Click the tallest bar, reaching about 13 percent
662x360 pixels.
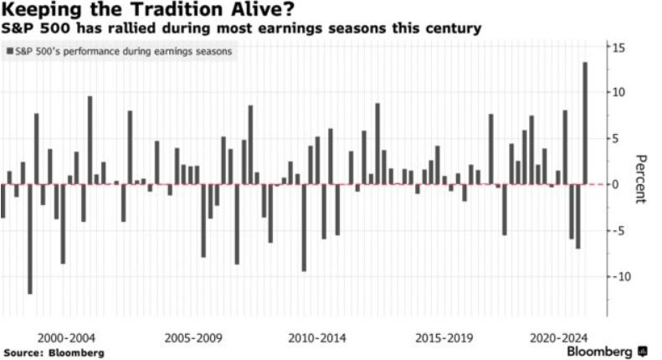tap(585, 123)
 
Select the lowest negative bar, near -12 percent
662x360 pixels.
tap(30, 239)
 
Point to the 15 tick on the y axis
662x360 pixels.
tap(618, 48)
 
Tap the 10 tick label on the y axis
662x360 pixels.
tap(618, 92)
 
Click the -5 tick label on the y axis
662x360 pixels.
tap(620, 231)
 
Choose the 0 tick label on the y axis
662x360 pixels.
tap(616, 185)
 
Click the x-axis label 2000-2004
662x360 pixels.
tap(66, 338)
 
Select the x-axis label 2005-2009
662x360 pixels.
tap(193, 338)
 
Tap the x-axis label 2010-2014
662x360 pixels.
tap(317, 338)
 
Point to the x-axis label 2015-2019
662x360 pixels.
tap(444, 338)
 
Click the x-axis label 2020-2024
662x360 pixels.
tap(558, 338)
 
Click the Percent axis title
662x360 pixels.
tap(640, 179)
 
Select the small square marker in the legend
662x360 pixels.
tap(10, 51)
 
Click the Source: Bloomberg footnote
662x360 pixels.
tap(54, 352)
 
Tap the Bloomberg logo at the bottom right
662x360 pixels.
tap(607, 352)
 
